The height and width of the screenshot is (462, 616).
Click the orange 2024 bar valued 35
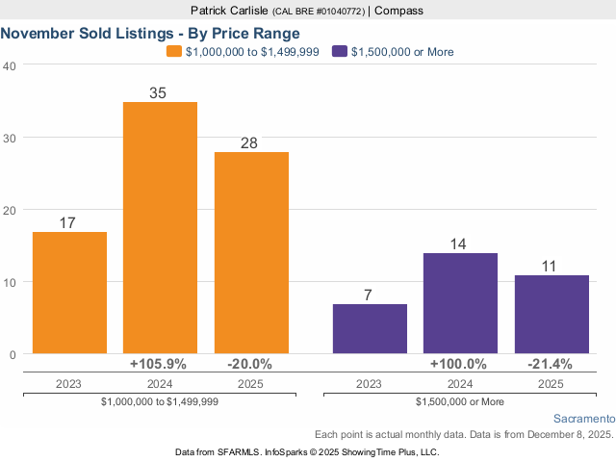click(x=160, y=228)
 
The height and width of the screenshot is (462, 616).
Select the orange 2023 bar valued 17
click(x=69, y=293)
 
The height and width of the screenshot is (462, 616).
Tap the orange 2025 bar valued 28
click(x=251, y=253)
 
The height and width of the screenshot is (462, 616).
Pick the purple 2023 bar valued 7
click(x=370, y=329)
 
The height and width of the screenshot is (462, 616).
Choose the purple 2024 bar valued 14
click(x=460, y=303)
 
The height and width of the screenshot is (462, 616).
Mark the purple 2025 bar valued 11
click(x=551, y=315)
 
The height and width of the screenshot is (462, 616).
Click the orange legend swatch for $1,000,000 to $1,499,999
click(x=173, y=52)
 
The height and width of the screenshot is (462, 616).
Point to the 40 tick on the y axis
click(x=10, y=65)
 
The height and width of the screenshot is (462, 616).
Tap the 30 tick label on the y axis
click(x=10, y=138)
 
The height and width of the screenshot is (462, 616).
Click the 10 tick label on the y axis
click(x=10, y=282)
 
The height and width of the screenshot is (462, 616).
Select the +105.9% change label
click(x=160, y=365)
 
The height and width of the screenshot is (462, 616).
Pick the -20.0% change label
click(x=250, y=365)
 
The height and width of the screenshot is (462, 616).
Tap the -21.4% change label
click(x=551, y=365)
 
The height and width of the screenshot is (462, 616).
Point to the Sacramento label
click(x=584, y=419)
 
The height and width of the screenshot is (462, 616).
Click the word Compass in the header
click(x=398, y=11)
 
